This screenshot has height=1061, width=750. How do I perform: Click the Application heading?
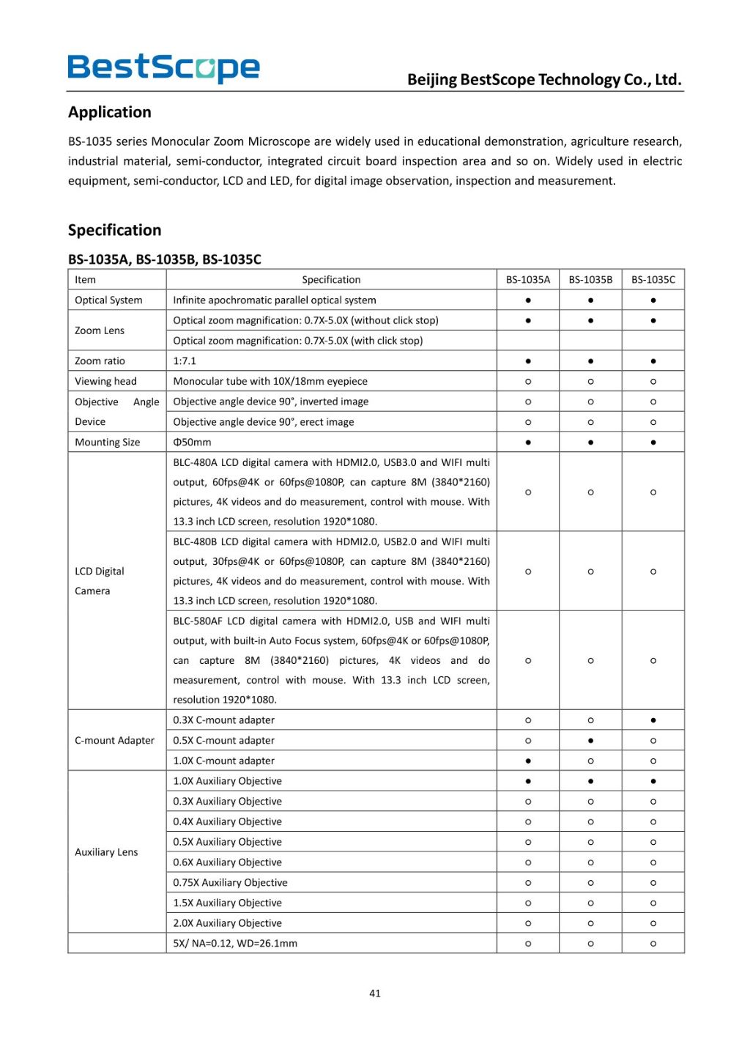pyautogui.click(x=110, y=112)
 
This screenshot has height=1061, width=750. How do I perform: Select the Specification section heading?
pyautogui.click(x=114, y=230)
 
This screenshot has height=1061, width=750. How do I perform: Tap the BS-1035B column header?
pyautogui.click(x=590, y=279)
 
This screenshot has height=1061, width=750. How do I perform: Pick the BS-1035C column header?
pyautogui.click(x=653, y=279)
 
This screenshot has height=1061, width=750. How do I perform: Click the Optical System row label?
pyautogui.click(x=108, y=300)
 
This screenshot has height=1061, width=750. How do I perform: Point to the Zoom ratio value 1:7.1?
pyautogui.click(x=185, y=361)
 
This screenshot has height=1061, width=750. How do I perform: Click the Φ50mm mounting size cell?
pyautogui.click(x=192, y=442)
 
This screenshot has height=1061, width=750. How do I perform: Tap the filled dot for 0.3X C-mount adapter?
pyautogui.click(x=653, y=720)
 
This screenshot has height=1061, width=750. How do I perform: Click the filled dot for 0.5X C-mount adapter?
pyautogui.click(x=590, y=741)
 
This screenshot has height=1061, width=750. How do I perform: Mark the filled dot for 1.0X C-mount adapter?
pyautogui.click(x=528, y=761)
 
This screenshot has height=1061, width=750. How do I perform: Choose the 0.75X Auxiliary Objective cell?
pyautogui.click(x=230, y=882)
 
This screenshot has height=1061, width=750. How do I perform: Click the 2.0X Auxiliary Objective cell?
pyautogui.click(x=227, y=923)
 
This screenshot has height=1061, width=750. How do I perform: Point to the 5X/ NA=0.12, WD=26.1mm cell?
pyautogui.click(x=235, y=943)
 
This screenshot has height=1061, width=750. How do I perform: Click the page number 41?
pyautogui.click(x=375, y=994)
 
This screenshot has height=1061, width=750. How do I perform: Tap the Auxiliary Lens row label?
pyautogui.click(x=106, y=851)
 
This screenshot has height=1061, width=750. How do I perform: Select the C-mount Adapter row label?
pyautogui.click(x=114, y=740)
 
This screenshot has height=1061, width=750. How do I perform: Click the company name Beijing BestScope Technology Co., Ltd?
pyautogui.click(x=544, y=79)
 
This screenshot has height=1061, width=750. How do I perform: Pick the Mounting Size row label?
pyautogui.click(x=107, y=442)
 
